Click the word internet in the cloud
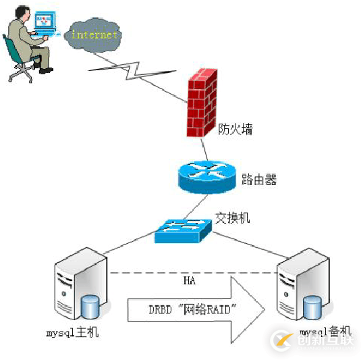pyautogui.click(x=94, y=34)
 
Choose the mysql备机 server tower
pyautogui.click(x=301, y=291)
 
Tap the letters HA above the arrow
pyautogui.click(x=190, y=279)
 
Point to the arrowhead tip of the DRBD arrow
pyautogui.click(x=264, y=309)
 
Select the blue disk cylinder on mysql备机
pyautogui.click(x=312, y=307)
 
